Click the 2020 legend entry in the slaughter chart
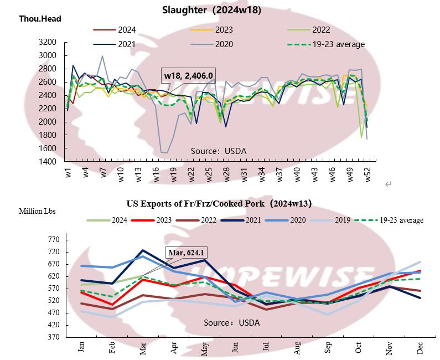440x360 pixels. click(x=224, y=44)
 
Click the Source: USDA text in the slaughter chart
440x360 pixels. click(x=219, y=151)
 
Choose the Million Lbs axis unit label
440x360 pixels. click(x=37, y=211)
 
